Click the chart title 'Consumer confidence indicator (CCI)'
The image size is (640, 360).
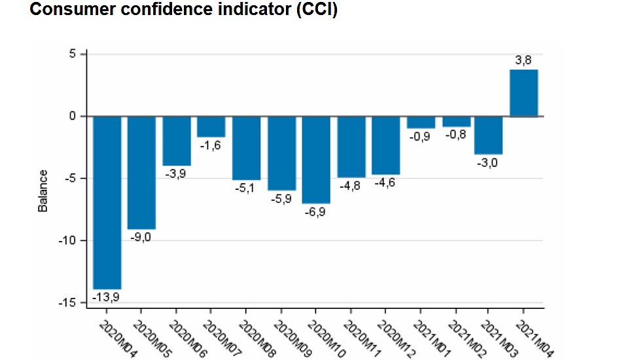tap(184, 10)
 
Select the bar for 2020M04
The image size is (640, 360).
tap(107, 202)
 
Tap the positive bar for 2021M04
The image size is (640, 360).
tap(524, 93)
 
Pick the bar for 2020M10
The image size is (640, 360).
tap(317, 160)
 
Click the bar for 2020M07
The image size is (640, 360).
tap(211, 126)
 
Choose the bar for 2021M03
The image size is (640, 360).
tap(488, 135)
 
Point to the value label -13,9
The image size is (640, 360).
tap(107, 297)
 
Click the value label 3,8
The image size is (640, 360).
tap(524, 60)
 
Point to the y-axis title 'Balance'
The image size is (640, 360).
tap(43, 190)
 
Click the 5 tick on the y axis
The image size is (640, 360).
tap(73, 54)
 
